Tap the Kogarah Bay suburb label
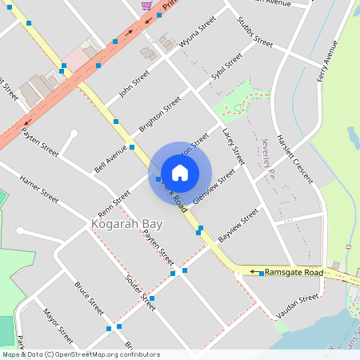coord(126,224)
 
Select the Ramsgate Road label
coord(294,273)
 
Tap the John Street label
coord(134,83)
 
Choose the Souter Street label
coord(139,292)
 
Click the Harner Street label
coord(39,188)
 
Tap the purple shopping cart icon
coord(146,5)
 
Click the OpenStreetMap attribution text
coord(81,354)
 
